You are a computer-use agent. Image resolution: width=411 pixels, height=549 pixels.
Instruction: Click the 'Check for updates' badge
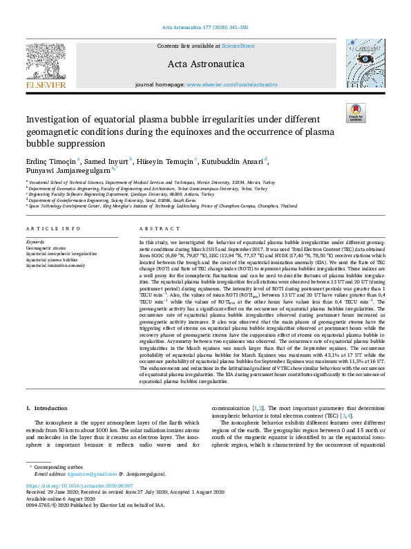(355, 113)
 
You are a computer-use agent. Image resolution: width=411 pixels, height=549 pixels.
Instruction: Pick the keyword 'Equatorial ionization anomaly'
(56, 264)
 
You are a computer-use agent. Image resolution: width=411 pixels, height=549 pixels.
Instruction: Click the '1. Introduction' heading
(46, 407)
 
